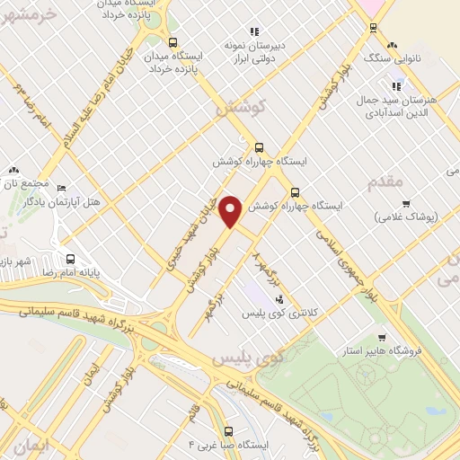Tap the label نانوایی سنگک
point(392,58)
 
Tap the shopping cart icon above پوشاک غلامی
point(406,204)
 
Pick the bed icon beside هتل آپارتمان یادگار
point(61,189)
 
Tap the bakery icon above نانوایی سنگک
point(392,45)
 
